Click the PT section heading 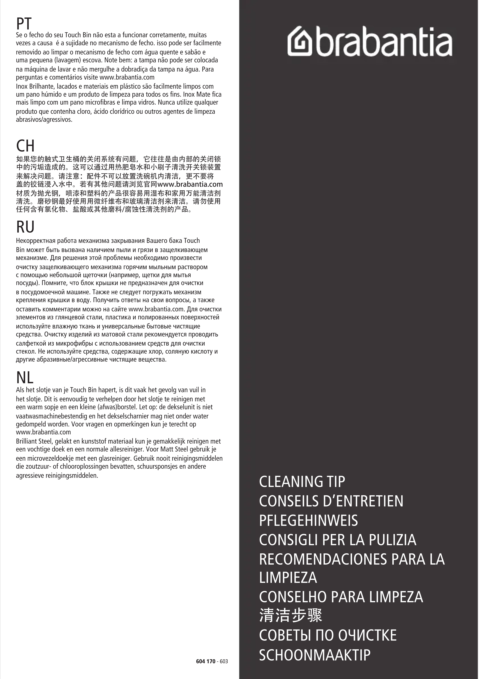coord(24,24)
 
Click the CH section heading coord(25,146)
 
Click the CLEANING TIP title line coord(302,482)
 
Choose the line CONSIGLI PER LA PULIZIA coord(337,540)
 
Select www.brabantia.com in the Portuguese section coord(127,78)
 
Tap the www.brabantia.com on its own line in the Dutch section coord(43,432)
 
